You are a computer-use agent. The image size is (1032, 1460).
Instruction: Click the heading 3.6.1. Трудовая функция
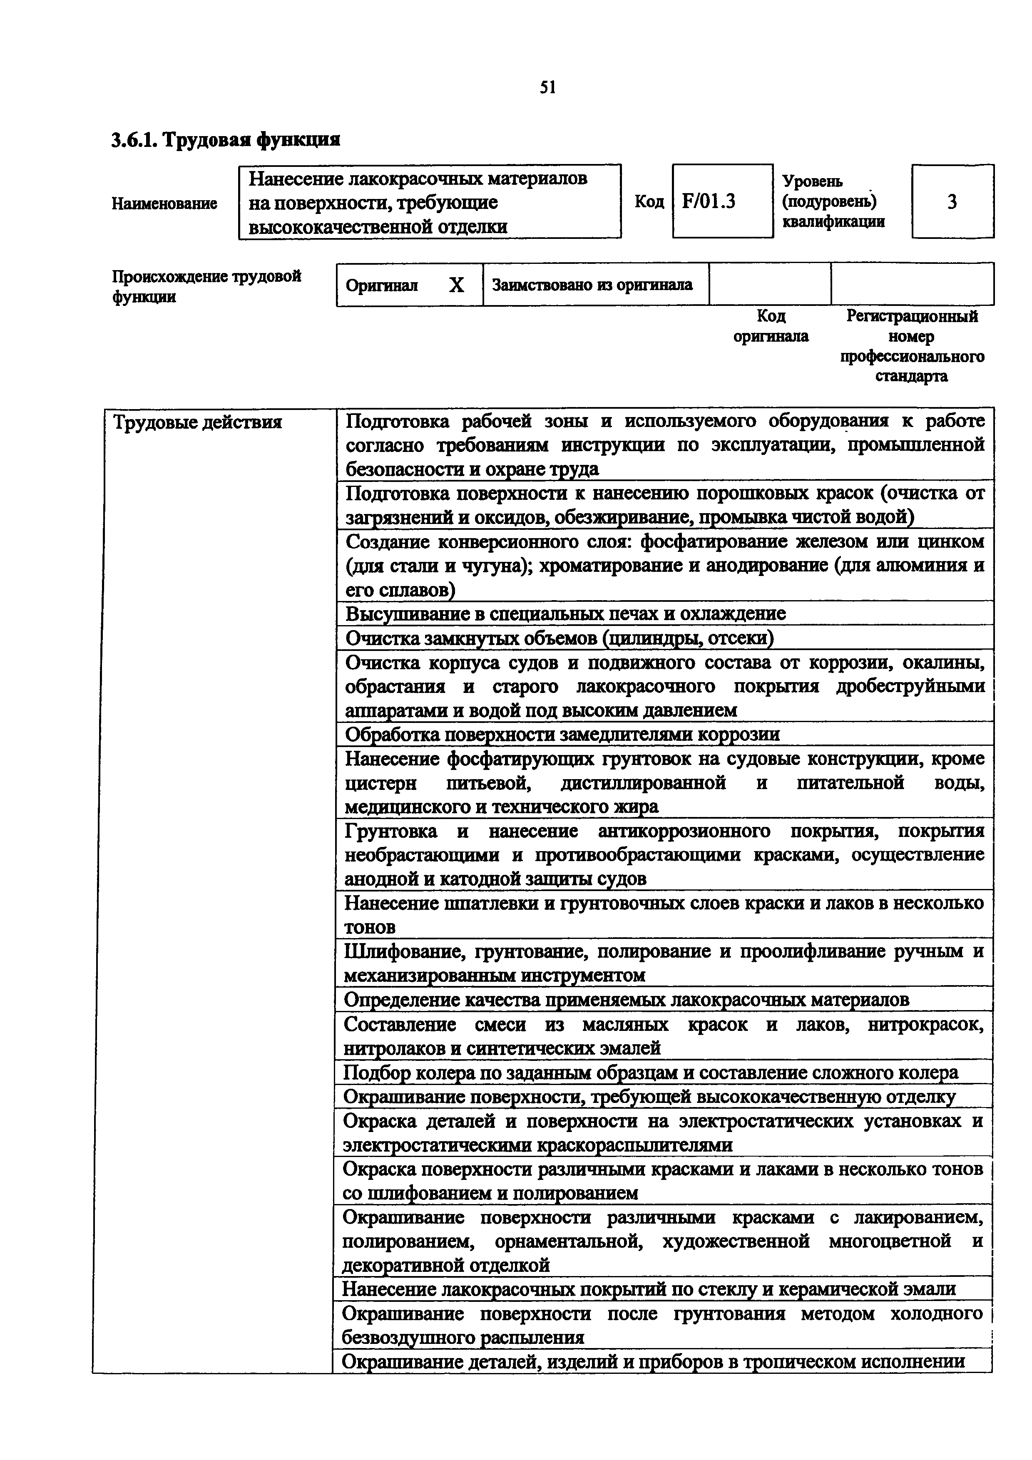click(x=226, y=139)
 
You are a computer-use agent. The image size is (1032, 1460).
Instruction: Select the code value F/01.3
click(x=709, y=201)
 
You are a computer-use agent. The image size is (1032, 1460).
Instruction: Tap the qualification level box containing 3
click(x=952, y=201)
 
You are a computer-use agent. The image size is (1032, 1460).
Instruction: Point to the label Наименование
click(x=165, y=204)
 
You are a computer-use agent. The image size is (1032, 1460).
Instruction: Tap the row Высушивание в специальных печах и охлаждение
click(x=565, y=613)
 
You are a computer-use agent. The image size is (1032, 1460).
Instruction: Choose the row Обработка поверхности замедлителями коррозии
click(x=562, y=735)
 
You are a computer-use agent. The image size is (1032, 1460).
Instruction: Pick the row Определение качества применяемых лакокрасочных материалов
click(x=627, y=1000)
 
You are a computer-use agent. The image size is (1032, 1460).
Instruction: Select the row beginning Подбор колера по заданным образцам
click(x=650, y=1073)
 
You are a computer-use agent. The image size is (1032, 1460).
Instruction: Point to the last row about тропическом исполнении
click(x=653, y=1361)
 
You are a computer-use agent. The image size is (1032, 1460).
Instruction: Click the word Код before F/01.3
click(x=649, y=201)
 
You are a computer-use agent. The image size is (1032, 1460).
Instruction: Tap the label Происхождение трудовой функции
click(x=206, y=286)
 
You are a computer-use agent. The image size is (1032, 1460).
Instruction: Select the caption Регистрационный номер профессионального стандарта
click(x=912, y=346)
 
